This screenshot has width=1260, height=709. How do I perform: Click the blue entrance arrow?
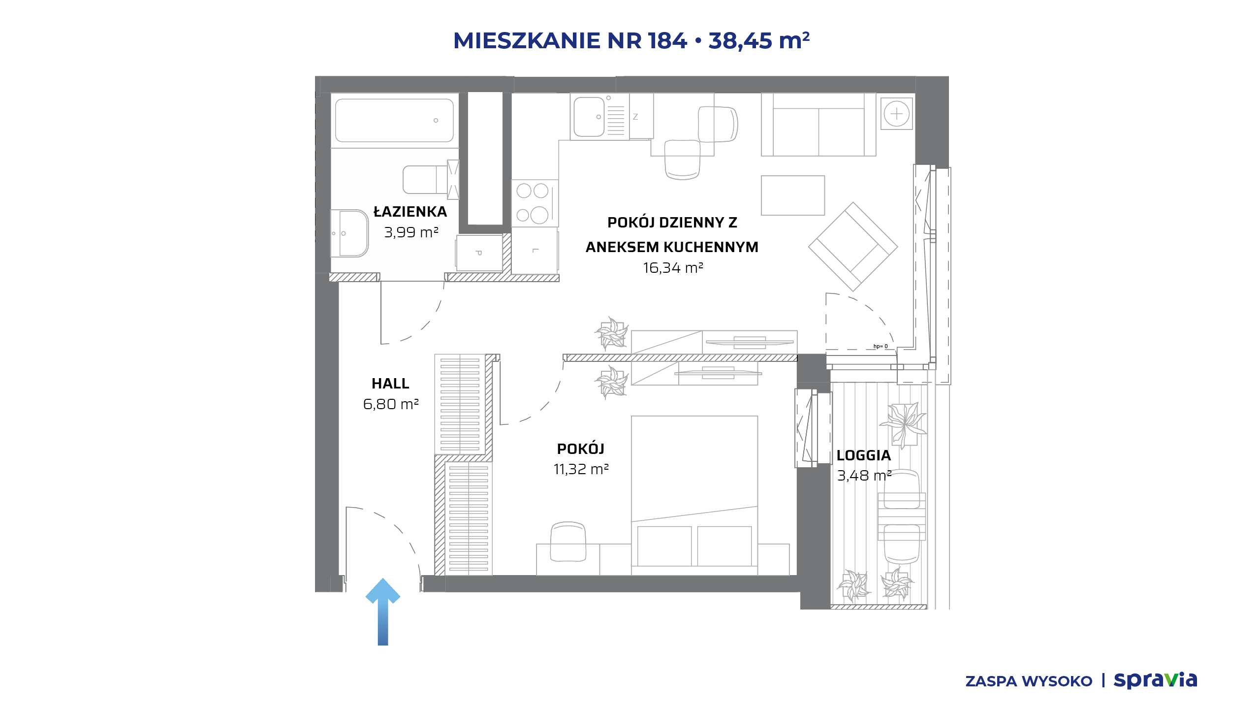tap(383, 612)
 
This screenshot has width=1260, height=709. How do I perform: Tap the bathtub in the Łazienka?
tap(394, 121)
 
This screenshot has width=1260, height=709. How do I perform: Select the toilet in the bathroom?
tap(431, 180)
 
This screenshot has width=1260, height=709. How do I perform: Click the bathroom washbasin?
tap(349, 233)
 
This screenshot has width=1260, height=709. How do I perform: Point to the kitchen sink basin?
tap(589, 117)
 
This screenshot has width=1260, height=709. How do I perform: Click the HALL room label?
tap(390, 384)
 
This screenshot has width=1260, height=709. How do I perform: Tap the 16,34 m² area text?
tap(673, 268)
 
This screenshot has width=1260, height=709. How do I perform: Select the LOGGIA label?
tap(864, 455)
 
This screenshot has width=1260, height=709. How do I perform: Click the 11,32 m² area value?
tap(581, 469)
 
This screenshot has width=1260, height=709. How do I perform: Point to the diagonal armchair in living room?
tap(853, 247)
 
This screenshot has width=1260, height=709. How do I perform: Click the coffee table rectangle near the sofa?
tap(793, 195)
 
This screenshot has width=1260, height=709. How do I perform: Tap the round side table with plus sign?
tap(897, 114)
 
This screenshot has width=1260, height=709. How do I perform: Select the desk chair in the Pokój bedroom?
tap(568, 542)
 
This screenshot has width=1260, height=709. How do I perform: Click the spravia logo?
tap(1155, 680)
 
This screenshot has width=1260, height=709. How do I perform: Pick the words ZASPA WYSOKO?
tap(1029, 681)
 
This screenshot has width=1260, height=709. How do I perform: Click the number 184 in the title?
tap(667, 40)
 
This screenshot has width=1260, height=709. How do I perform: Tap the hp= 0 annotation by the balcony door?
tap(881, 347)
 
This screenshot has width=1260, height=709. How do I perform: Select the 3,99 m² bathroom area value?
tap(411, 232)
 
